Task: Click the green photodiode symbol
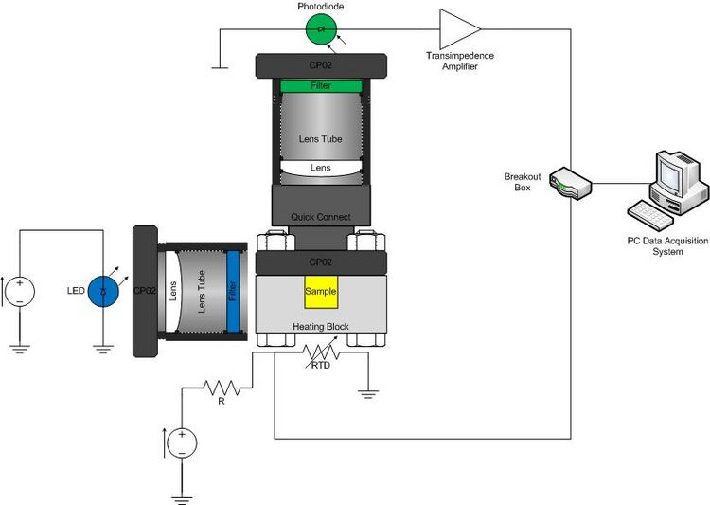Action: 322,29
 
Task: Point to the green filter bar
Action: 321,86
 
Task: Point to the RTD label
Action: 321,365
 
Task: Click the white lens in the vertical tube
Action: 321,168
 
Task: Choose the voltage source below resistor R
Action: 180,442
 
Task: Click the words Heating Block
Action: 320,326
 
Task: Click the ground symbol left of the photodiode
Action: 220,65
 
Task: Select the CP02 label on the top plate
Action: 321,67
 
